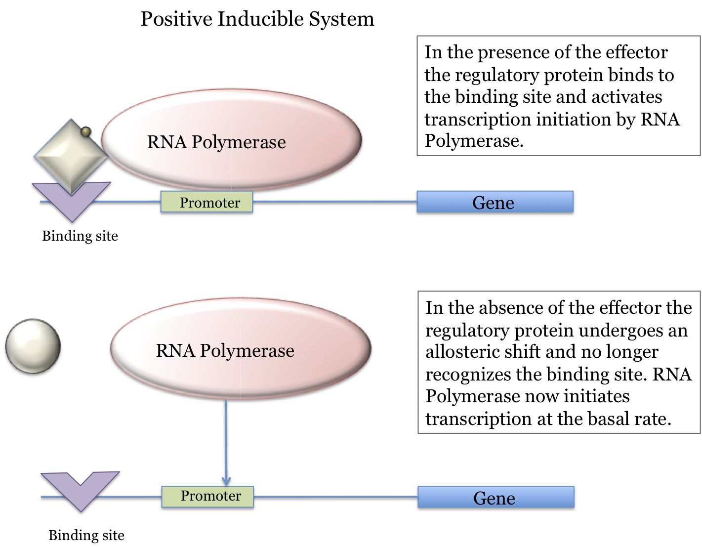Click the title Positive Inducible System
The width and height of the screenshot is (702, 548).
(257, 19)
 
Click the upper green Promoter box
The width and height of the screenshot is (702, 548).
(206, 202)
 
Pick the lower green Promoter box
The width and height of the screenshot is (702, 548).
(207, 496)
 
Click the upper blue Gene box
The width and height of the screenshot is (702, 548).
(495, 202)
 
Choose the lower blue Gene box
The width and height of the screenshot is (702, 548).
(496, 497)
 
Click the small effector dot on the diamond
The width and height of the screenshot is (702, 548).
(86, 132)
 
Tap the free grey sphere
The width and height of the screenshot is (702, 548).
(33, 346)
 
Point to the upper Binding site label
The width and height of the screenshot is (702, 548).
(80, 236)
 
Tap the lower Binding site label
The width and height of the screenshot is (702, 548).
(86, 535)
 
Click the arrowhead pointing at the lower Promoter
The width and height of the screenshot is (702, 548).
(226, 481)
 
